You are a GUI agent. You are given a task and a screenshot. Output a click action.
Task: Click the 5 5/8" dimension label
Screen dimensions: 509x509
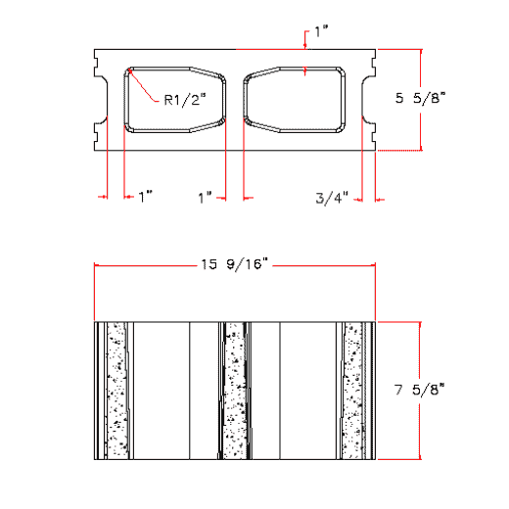[x=420, y=98]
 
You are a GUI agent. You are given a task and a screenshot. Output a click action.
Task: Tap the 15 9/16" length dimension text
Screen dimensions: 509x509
[x=234, y=264]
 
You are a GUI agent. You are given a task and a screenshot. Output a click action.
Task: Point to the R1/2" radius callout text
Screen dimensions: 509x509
[x=184, y=98]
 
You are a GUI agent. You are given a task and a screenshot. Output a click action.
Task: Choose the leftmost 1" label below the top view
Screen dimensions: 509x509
[x=146, y=198]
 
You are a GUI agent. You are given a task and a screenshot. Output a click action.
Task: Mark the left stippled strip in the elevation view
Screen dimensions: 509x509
[x=117, y=389]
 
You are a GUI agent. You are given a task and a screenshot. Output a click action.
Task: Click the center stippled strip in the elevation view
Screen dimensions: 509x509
[x=234, y=389]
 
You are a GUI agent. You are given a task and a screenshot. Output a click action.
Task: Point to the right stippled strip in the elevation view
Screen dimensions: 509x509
[x=351, y=389]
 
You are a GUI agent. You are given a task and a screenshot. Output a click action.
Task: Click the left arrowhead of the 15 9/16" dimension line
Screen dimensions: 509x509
[x=98, y=264]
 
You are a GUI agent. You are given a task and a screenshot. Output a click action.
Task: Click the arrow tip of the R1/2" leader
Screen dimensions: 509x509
[x=131, y=72]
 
